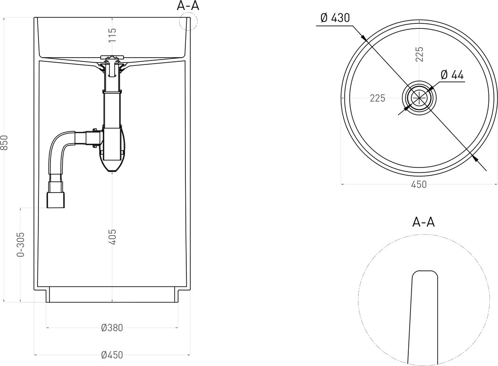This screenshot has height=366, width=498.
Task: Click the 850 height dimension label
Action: (4, 143)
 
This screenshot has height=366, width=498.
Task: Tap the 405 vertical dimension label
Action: (113, 237)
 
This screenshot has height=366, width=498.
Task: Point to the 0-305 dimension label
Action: (21, 244)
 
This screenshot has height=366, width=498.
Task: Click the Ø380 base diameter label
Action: (112, 328)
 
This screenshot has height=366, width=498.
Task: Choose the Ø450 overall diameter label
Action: (112, 355)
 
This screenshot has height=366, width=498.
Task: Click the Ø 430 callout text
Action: (335, 18)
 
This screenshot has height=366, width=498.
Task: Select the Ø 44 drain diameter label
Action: (452, 75)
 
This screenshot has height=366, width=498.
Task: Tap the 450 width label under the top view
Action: (419, 184)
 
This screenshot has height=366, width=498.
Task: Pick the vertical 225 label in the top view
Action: (420, 54)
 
